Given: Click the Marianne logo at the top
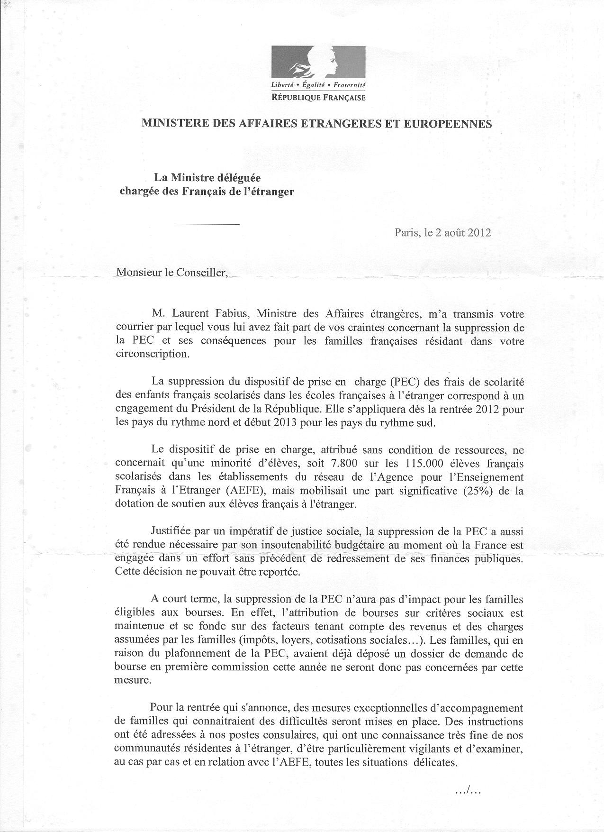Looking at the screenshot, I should (x=318, y=63).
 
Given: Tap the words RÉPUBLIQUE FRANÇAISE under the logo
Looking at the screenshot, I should (x=318, y=98).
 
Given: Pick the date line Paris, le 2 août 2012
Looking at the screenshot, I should (x=443, y=233).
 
